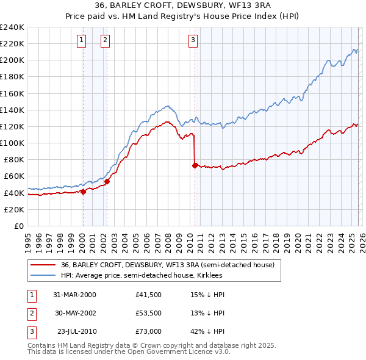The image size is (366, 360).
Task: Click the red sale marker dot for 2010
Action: tap(195, 165)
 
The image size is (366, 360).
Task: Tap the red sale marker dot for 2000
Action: tap(83, 191)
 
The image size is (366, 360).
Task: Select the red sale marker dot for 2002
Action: tap(107, 181)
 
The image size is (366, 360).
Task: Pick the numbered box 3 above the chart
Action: tap(193, 41)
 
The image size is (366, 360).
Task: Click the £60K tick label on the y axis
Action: tap(14, 176)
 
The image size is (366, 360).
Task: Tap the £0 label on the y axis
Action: tap(18, 226)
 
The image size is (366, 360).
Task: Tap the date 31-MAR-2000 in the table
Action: tap(75, 295)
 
